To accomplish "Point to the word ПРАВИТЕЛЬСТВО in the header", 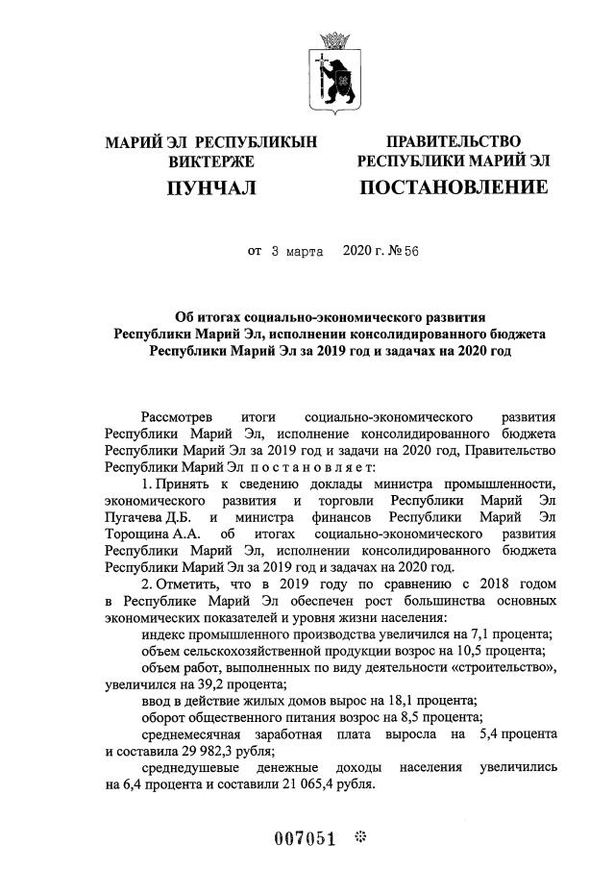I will [454, 142].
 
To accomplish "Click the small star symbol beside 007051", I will [360, 836].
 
